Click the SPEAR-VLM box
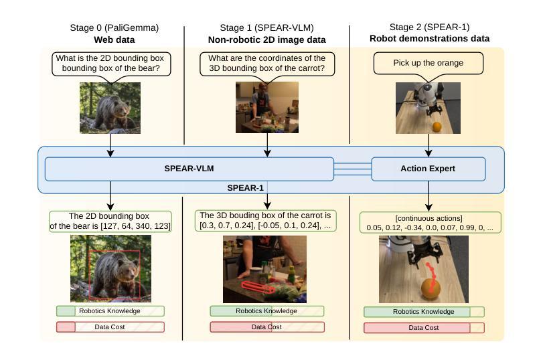point(189,169)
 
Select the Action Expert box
point(429,169)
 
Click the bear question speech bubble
point(111,63)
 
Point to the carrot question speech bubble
point(267,63)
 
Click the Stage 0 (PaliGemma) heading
point(114,27)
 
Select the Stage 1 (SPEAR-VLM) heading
point(267,27)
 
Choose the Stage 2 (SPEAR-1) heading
point(429,27)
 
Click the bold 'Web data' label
point(114,39)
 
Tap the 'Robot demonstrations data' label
point(429,39)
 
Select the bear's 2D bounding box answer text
point(110,221)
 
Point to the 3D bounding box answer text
point(266,221)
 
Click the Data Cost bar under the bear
point(110,327)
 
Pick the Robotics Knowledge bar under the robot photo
point(424,312)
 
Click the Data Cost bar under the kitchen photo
point(266,327)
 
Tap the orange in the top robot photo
point(437,126)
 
